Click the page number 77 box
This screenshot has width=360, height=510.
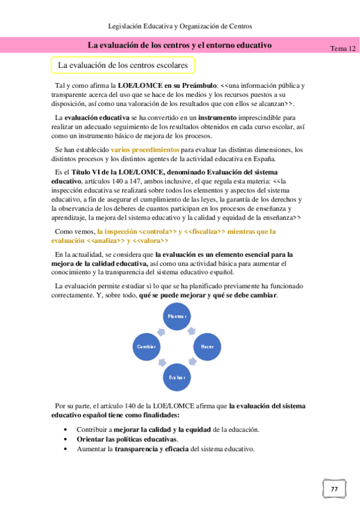(x=334, y=490)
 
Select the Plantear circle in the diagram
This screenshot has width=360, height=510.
(x=177, y=316)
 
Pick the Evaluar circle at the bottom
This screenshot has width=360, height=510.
(x=177, y=377)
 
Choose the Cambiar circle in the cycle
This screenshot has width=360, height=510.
(x=147, y=347)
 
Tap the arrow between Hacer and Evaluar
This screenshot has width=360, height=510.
(x=194, y=363)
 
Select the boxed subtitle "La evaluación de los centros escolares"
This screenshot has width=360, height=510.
(x=122, y=65)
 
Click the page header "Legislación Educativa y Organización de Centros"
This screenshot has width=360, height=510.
(x=180, y=26)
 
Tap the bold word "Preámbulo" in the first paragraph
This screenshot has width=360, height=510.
(x=194, y=86)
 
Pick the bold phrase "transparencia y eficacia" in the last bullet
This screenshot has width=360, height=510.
(x=151, y=449)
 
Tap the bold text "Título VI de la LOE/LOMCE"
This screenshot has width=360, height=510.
(x=112, y=172)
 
